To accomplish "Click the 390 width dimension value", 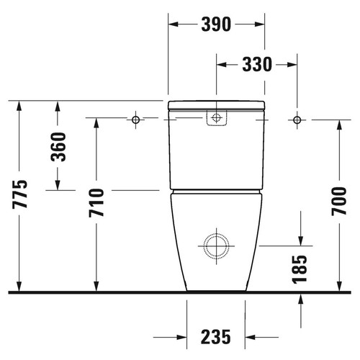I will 215,24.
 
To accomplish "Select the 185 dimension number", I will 300,269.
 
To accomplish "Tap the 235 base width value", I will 216,336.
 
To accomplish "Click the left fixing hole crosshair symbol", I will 135,119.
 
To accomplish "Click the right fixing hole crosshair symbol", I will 297,119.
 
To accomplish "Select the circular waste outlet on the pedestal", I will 215,246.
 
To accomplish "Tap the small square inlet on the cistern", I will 215,117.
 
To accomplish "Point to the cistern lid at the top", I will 216,105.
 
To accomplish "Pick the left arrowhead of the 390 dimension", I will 174,24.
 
